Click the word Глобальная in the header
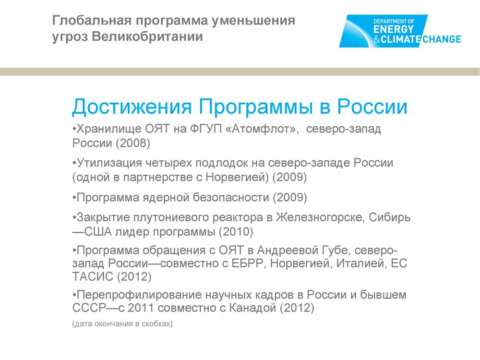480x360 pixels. tap(92, 21)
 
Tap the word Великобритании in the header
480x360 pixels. tap(147, 36)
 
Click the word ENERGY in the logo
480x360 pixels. tap(394, 29)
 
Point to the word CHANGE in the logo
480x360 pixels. tap(442, 39)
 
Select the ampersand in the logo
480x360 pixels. tap(376, 39)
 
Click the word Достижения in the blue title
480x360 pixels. tap(132, 107)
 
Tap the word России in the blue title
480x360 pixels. tap(372, 107)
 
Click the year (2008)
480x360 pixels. tap(133, 143)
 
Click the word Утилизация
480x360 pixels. tap(109, 163)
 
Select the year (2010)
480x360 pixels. tap(236, 232)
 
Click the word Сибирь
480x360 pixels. tap(389, 217)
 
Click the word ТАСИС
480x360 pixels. tap(93, 276)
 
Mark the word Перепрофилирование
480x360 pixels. tap(139, 295)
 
